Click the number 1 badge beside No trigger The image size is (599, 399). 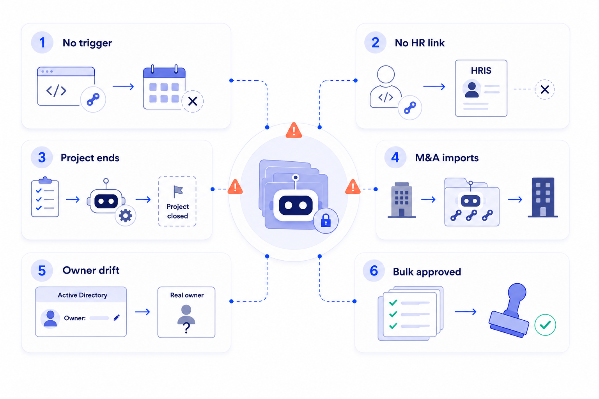[42, 42]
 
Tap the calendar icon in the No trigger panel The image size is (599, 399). [164, 87]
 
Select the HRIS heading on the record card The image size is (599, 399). [481, 71]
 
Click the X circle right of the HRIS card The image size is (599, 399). [545, 90]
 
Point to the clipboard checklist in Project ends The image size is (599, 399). [45, 197]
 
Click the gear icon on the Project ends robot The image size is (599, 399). [126, 215]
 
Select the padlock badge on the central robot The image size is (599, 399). [326, 221]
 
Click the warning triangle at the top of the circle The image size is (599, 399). [294, 131]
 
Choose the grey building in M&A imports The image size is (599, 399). [402, 200]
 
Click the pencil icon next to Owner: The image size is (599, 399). [117, 318]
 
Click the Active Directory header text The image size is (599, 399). [82, 295]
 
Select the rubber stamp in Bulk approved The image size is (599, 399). [509, 310]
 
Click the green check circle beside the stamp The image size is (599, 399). [545, 325]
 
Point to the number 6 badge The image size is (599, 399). [374, 271]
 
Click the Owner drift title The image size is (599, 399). [91, 270]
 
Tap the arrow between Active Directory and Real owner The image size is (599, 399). [142, 312]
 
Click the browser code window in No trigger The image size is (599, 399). [66, 86]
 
